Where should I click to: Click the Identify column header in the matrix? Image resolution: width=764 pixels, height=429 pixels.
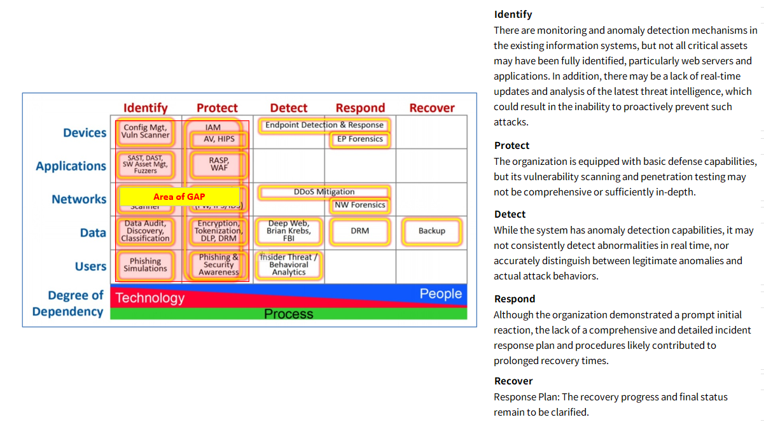coord(145,108)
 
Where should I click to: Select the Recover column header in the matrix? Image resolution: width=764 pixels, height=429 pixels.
coord(432,108)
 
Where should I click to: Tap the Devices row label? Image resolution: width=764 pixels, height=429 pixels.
coord(85,133)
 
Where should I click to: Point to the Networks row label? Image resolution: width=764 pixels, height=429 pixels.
coord(79,199)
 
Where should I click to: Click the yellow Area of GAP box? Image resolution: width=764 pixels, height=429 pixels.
coord(179,197)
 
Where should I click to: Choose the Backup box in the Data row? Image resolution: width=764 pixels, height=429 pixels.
coord(431,231)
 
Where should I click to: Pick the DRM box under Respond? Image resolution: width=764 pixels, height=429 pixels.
coord(360,231)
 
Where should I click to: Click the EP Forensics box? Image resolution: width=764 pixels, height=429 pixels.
coord(360,139)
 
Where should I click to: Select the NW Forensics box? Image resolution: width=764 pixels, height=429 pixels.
coord(360,205)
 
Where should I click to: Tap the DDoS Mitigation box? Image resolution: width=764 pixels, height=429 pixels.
coord(324,192)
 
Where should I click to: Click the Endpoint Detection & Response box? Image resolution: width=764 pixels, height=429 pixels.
coord(324,125)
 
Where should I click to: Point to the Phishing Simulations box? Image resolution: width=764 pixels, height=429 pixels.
coord(146,265)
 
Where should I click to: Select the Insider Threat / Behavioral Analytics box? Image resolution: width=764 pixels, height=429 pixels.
coord(289,265)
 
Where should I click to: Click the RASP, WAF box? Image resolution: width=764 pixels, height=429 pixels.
coord(218,165)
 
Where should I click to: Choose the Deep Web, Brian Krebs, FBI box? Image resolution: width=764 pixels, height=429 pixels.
coord(289,231)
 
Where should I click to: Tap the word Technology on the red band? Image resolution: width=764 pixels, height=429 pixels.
coord(150,298)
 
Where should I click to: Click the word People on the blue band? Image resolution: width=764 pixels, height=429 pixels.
coord(440,294)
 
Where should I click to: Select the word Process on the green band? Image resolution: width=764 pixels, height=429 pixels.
coord(289,314)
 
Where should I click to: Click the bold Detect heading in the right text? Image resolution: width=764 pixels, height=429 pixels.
coord(510,215)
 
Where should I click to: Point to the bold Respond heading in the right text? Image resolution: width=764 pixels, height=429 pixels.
coord(515,299)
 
